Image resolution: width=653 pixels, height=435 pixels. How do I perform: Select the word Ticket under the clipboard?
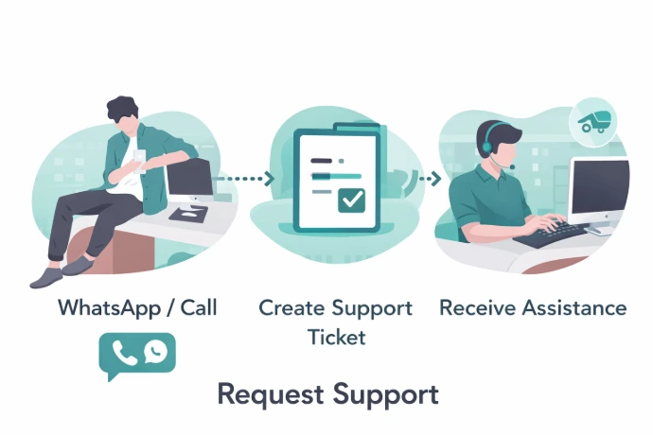point(336,338)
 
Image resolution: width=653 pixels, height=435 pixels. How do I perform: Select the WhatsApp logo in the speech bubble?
point(155,353)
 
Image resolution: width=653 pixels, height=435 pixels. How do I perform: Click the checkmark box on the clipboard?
point(353,200)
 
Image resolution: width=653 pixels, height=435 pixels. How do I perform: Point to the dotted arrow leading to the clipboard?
point(243,178)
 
